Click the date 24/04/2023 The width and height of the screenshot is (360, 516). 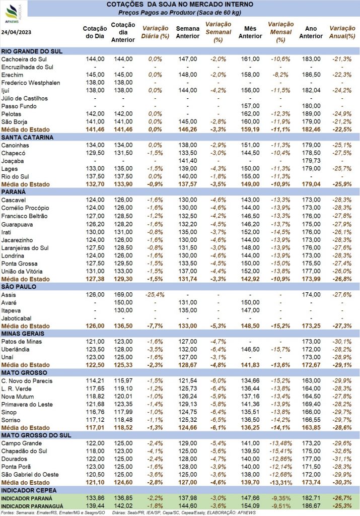[16, 32]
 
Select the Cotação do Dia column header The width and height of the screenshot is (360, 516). [95, 32]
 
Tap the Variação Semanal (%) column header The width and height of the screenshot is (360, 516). [219, 32]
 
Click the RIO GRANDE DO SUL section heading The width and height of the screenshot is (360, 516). [32, 51]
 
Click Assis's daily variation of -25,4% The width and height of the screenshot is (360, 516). [155, 294]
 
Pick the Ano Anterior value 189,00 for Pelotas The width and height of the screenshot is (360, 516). [311, 114]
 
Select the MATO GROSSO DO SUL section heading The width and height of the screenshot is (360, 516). [36, 435]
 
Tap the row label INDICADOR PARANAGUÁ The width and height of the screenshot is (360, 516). [32, 506]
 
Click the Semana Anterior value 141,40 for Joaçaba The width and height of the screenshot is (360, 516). [188, 161]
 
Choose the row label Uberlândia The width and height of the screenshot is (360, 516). [15, 350]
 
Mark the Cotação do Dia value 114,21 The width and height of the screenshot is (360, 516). [95, 381]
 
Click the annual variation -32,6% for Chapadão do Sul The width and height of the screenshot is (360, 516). [342, 451]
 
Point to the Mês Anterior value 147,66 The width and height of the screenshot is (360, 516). [250, 498]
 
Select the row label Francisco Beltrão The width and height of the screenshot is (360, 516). [24, 216]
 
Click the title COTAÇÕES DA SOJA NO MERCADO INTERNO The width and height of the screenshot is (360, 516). [180, 5]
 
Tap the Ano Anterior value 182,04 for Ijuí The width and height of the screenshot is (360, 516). [311, 90]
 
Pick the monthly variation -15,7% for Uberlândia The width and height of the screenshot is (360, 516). [280, 350]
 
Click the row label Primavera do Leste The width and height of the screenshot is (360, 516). [27, 405]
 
